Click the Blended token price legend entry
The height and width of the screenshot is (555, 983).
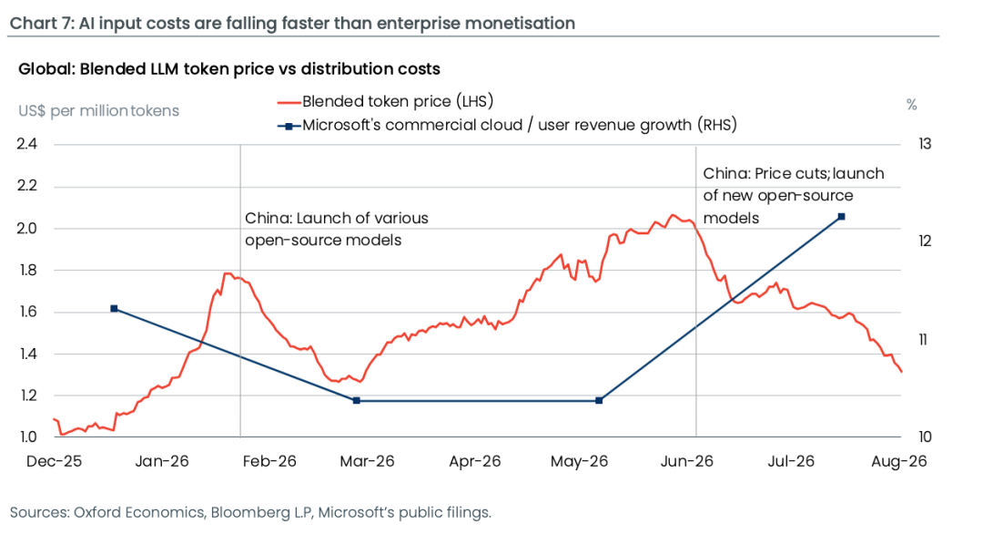click(385, 101)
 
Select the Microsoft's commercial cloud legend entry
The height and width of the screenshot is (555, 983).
click(507, 125)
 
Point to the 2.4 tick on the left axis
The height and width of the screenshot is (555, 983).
click(27, 144)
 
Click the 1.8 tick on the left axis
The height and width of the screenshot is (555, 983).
click(27, 270)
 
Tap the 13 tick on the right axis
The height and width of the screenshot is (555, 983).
click(925, 144)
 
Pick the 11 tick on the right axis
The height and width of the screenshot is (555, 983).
click(923, 340)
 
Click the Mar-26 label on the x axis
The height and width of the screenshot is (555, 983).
click(367, 461)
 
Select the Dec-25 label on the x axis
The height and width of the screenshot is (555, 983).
click(55, 461)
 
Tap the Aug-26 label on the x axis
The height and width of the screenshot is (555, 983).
click(899, 461)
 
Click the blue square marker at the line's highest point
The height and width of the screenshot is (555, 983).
click(841, 217)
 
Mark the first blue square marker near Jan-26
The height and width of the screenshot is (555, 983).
click(114, 309)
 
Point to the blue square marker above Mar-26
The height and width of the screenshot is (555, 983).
click(357, 401)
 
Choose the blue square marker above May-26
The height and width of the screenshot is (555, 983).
click(599, 401)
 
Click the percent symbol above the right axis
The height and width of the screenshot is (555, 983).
click(911, 105)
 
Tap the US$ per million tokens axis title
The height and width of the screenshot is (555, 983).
click(98, 111)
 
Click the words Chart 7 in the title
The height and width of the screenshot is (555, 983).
click(41, 23)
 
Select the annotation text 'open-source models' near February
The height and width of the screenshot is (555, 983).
click(323, 241)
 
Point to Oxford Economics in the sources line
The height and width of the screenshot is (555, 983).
click(138, 512)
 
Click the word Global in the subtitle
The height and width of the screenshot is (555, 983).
click(46, 69)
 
